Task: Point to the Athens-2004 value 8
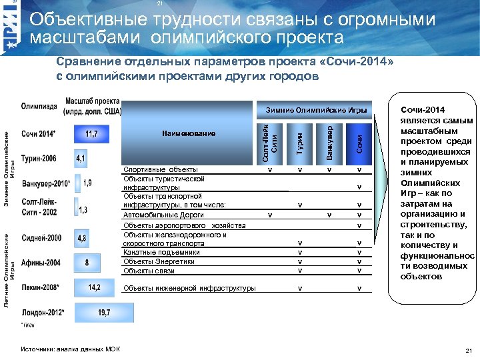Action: (87, 263)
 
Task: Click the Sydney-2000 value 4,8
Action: (81, 238)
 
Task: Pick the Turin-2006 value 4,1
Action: (81, 159)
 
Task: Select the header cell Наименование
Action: (188, 134)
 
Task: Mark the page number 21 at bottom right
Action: (467, 351)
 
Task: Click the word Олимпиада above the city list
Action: (39, 107)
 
